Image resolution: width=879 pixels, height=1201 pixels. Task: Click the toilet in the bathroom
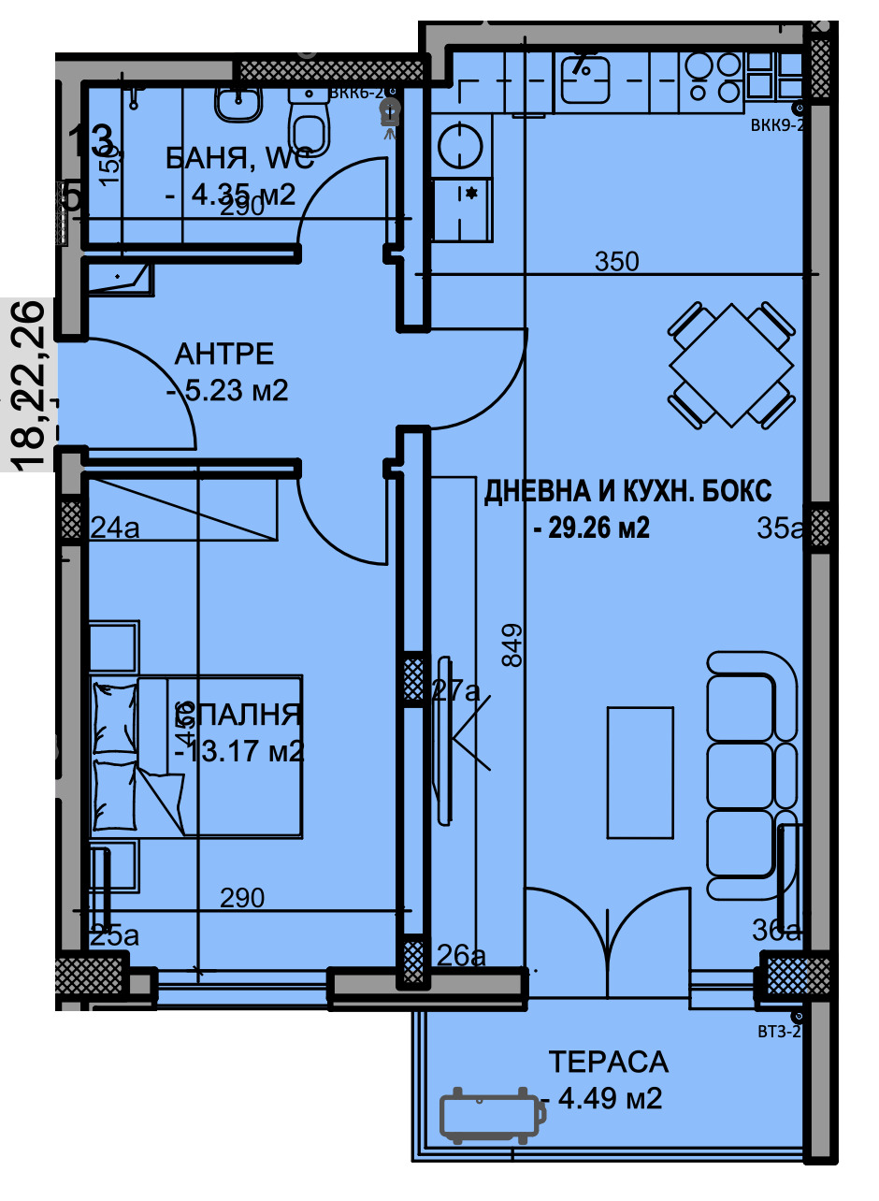point(309,127)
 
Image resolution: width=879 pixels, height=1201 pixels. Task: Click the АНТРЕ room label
point(224,355)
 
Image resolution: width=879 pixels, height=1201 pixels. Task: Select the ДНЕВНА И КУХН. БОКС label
point(627,492)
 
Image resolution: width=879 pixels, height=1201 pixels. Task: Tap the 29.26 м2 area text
point(591,528)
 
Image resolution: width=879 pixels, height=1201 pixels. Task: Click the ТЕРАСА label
point(608,1062)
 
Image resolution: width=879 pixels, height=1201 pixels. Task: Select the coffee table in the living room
point(641,773)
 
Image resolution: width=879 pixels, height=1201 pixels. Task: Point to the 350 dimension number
point(617,262)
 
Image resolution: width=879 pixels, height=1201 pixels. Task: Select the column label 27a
point(456,691)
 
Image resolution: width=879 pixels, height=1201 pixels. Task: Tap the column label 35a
point(779,529)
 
